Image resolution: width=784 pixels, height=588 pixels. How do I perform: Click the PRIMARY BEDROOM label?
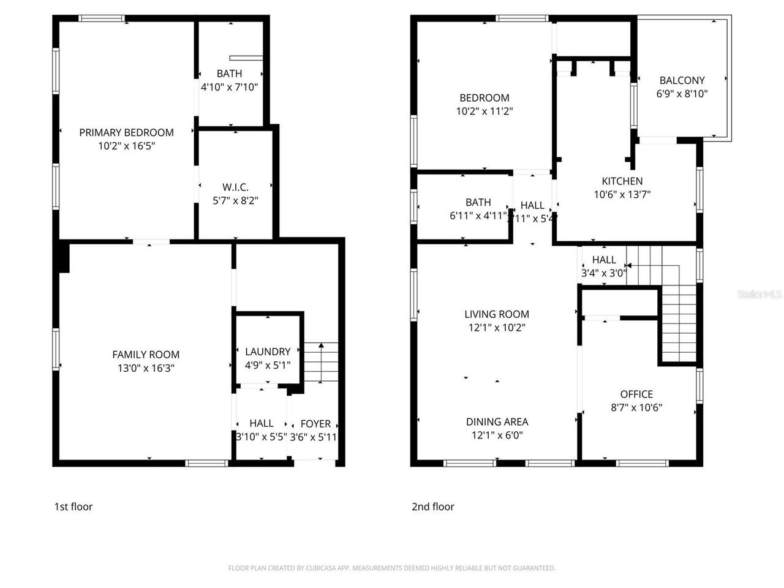(126, 132)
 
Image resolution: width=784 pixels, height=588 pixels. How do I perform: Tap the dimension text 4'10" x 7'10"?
(229, 87)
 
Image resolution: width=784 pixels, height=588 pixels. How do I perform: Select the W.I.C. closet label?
(235, 187)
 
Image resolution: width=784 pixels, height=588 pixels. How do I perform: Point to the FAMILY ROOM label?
(146, 354)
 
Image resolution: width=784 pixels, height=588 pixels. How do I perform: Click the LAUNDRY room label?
(268, 351)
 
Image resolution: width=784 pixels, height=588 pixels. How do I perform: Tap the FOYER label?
(315, 423)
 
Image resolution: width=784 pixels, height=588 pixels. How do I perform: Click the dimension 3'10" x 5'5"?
(261, 437)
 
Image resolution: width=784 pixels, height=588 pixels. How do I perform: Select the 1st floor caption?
(73, 507)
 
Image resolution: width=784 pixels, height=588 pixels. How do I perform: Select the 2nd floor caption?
(432, 507)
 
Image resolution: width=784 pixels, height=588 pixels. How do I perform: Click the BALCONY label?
(682, 80)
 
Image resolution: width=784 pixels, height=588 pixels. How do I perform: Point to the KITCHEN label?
(622, 181)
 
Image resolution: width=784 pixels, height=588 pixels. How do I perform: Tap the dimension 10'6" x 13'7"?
(622, 195)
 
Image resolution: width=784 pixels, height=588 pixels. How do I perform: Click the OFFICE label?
(636, 394)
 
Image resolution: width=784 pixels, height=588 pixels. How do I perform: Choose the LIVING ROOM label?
(497, 314)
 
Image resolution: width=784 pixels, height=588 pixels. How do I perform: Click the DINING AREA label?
(497, 421)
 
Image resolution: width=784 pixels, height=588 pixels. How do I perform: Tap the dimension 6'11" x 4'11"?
(478, 216)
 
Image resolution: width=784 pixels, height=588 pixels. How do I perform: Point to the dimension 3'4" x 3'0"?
(603, 273)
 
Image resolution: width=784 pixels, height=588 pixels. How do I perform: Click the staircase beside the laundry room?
(322, 363)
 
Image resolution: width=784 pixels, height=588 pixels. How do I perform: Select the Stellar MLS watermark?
(759, 295)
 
